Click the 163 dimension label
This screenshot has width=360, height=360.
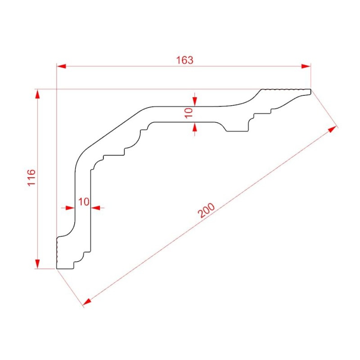pos(184,60)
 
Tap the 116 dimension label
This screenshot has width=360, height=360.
pos(31,177)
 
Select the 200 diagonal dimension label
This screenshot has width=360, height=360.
pos(207,210)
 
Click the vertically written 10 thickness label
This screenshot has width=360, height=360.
pos(189,113)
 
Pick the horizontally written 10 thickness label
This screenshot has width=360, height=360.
pos(84,202)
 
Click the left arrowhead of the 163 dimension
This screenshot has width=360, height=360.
pos(61,66)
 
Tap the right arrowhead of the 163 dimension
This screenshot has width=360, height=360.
pos(306,66)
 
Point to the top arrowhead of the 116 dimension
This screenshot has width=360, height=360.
pos(37,94)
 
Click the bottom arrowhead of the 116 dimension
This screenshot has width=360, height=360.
pos(37,264)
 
